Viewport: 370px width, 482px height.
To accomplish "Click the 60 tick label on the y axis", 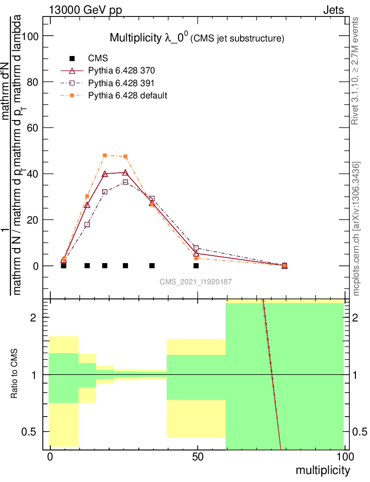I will pos(33,128).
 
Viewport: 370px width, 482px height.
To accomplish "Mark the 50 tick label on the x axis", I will pos(198,457).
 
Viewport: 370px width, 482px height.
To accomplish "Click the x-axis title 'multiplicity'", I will pos(322,470).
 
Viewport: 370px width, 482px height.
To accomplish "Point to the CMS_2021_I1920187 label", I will pos(195,281).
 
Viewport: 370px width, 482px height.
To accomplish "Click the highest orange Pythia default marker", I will pos(105,155).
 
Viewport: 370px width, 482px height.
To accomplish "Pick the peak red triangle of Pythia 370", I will pos(125,173).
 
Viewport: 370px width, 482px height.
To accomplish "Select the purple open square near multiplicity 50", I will pos(196,248).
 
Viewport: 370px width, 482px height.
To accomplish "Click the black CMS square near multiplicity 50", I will pos(196,266).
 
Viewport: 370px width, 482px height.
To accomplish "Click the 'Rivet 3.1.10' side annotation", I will pos(355,71).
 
